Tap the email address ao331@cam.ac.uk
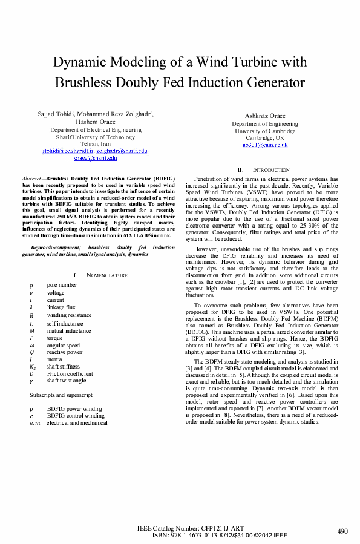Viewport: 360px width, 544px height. pos(265,145)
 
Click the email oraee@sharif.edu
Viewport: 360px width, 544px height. pos(96,158)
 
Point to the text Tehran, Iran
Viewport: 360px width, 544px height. pos(96,144)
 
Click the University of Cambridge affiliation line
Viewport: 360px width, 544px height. pos(265,131)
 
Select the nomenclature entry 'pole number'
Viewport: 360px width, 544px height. pos(62,284)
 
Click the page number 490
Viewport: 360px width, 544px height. pos(342,531)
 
